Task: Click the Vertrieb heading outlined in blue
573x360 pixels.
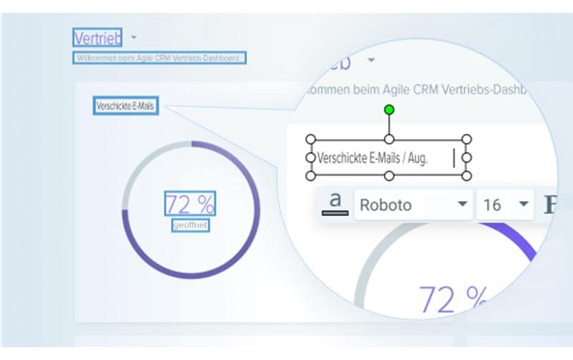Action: tap(97, 37)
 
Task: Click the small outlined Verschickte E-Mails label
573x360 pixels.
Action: tap(125, 107)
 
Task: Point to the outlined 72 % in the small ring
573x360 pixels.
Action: tap(190, 205)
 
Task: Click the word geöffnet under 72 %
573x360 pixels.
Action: tap(190, 225)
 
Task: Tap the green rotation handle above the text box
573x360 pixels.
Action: tap(389, 110)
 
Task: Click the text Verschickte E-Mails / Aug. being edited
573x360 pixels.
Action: tap(372, 158)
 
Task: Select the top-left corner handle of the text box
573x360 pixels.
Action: tap(310, 139)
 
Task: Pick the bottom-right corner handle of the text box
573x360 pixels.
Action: tap(466, 175)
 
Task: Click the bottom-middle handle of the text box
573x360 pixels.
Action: tap(389, 175)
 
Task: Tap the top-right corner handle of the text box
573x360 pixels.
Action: tap(466, 139)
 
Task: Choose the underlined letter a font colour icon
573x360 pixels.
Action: tap(335, 203)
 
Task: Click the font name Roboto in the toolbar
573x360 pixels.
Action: tap(386, 205)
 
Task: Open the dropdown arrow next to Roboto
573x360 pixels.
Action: tap(462, 205)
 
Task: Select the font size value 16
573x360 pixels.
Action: tap(493, 205)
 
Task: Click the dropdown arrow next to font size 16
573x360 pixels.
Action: tap(524, 205)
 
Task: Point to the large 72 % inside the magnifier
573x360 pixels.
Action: tap(455, 299)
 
